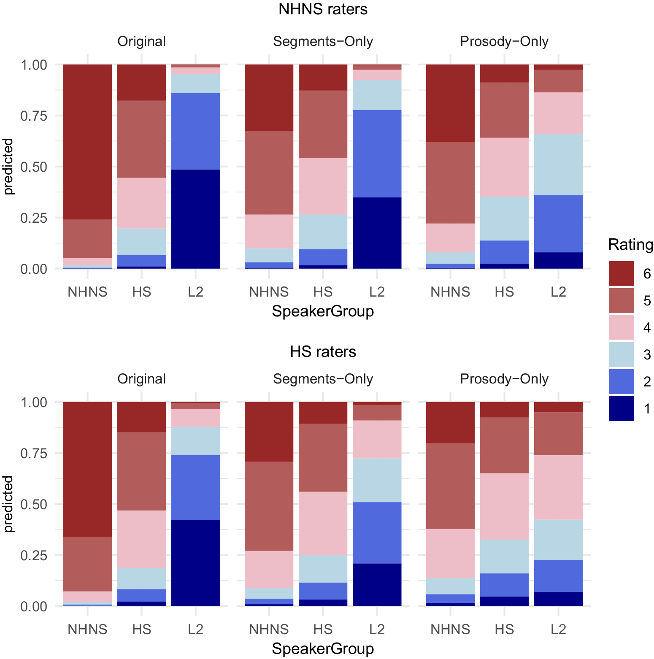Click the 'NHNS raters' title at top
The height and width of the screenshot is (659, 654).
click(x=323, y=9)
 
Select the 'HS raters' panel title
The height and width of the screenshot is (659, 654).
click(x=323, y=351)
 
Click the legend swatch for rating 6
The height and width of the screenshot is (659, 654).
click(x=621, y=273)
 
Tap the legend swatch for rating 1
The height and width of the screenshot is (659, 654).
click(x=621, y=408)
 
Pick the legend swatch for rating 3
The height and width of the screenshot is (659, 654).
click(x=621, y=354)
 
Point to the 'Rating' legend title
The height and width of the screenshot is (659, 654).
click(x=631, y=244)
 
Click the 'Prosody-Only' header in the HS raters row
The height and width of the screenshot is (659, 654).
click(x=504, y=379)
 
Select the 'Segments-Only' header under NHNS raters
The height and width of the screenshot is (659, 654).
click(x=323, y=41)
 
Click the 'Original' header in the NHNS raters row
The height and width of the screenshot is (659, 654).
click(x=141, y=41)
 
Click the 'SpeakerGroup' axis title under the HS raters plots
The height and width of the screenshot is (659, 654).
click(x=323, y=648)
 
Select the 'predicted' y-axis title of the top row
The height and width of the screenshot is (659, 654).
click(x=8, y=167)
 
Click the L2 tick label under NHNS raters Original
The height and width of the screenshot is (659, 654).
click(x=195, y=292)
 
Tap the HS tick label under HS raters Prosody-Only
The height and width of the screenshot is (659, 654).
click(x=504, y=629)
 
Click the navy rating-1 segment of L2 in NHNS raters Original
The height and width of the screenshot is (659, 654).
click(x=195, y=219)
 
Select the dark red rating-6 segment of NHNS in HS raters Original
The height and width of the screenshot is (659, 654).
click(x=87, y=469)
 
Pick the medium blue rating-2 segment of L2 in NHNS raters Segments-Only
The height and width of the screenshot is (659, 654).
click(x=377, y=154)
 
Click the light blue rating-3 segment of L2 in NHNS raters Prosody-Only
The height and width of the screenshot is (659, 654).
click(x=558, y=165)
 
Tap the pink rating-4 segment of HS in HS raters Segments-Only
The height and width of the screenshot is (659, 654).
click(x=323, y=523)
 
